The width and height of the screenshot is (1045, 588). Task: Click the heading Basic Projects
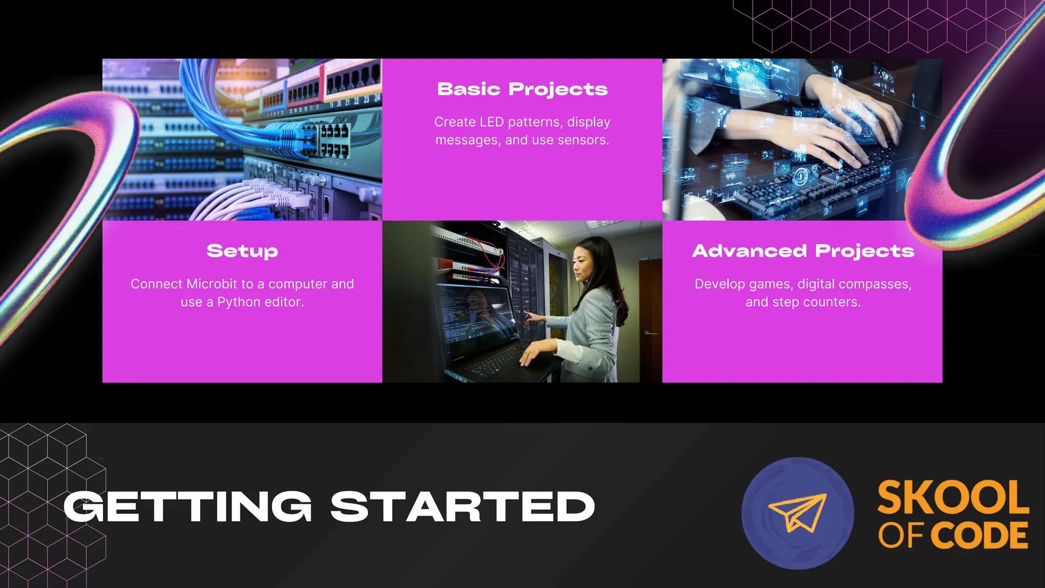pos(522,89)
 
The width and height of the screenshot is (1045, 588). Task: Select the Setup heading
pos(242,251)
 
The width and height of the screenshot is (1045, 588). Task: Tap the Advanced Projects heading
pos(803,251)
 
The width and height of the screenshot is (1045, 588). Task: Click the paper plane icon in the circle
pos(797,513)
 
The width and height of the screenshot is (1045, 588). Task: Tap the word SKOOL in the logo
pos(953,498)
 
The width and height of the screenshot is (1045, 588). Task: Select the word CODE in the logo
pos(980,535)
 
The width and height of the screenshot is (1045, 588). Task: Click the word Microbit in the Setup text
pos(212,284)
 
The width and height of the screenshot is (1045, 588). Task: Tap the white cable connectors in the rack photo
pos(286,197)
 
